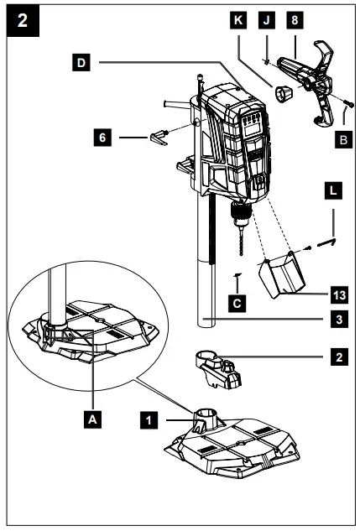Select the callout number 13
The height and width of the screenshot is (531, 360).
[340, 294]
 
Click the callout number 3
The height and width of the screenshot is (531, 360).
[340, 320]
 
